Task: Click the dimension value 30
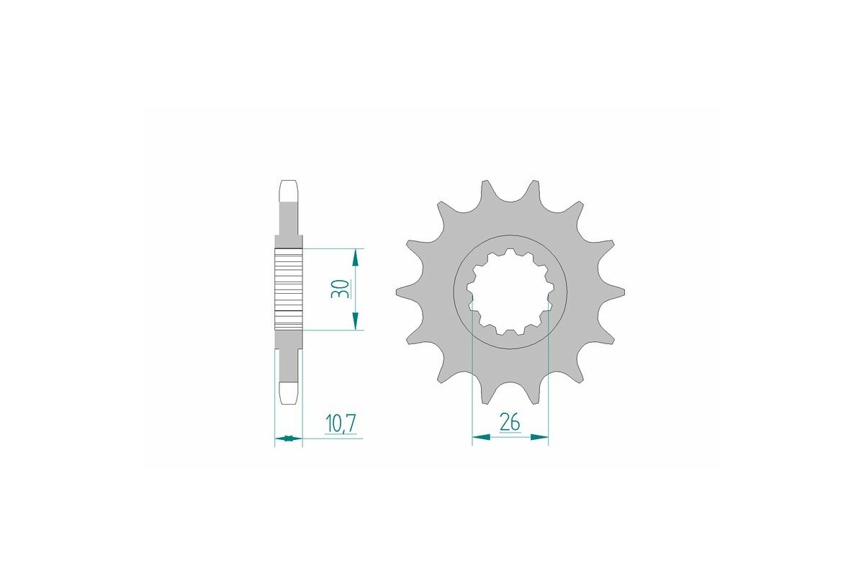[343, 289]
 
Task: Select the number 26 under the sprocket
[510, 423]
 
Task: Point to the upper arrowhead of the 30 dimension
[355, 257]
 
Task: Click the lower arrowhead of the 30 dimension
[355, 322]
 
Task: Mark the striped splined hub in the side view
[289, 289]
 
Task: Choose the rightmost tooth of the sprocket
[616, 292]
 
